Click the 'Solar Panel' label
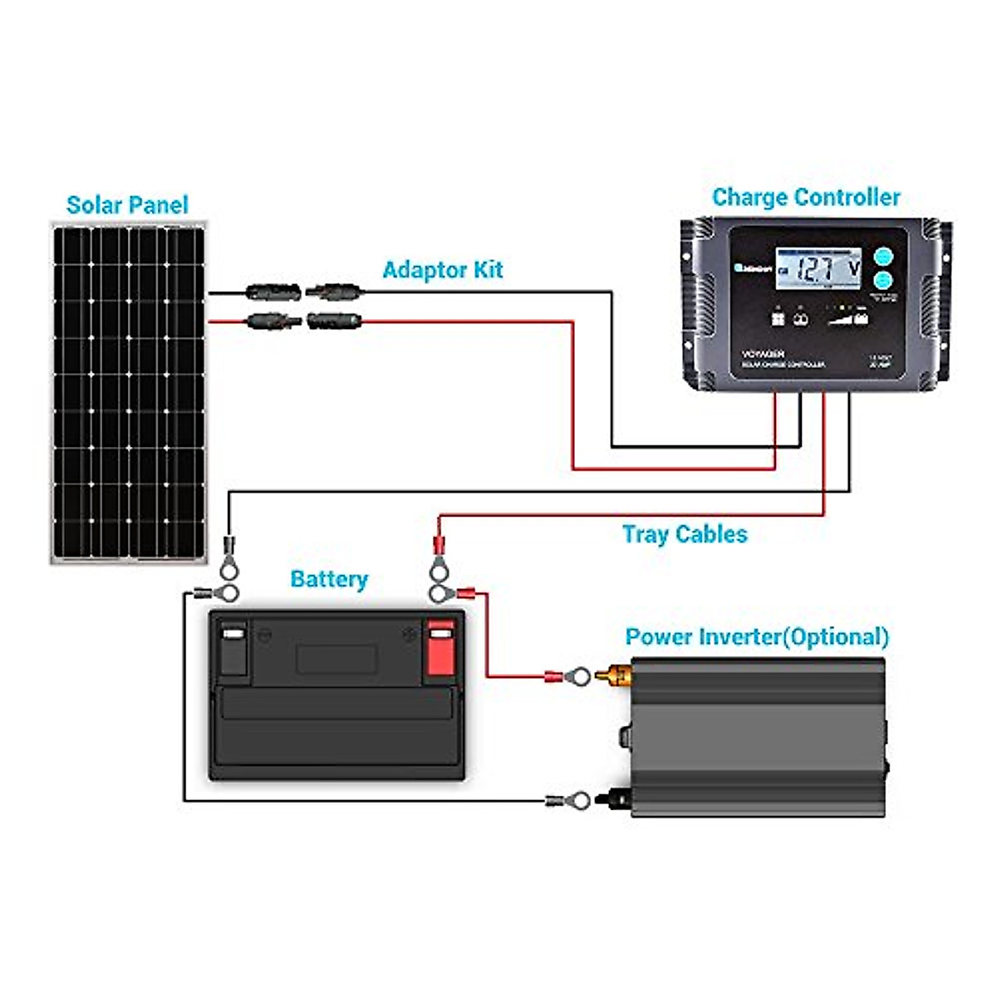point(127,205)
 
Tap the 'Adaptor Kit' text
point(442,270)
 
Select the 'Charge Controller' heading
point(806,198)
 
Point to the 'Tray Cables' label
point(685,534)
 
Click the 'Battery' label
point(329,579)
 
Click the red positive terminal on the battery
point(440,647)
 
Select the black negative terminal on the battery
point(233,647)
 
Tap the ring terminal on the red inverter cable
point(577,677)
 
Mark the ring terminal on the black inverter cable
point(577,802)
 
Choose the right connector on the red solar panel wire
point(334,321)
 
